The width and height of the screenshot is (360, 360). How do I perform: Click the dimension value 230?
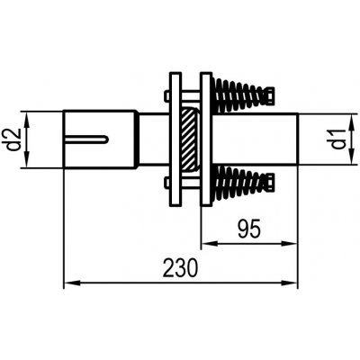pyautogui.click(x=180, y=267)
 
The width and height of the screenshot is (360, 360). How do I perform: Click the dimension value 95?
pyautogui.click(x=249, y=229)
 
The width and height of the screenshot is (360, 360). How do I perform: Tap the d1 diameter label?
pyautogui.click(x=337, y=139)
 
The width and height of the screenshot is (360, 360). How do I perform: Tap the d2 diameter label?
pyautogui.click(x=13, y=139)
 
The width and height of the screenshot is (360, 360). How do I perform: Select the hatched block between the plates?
pyautogui.click(x=189, y=139)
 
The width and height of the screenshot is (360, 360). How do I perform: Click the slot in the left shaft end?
pyautogui.click(x=86, y=139)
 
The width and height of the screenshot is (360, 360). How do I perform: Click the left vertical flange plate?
pyautogui.click(x=175, y=139)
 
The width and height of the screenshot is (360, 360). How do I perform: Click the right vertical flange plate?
pyautogui.click(x=206, y=139)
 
